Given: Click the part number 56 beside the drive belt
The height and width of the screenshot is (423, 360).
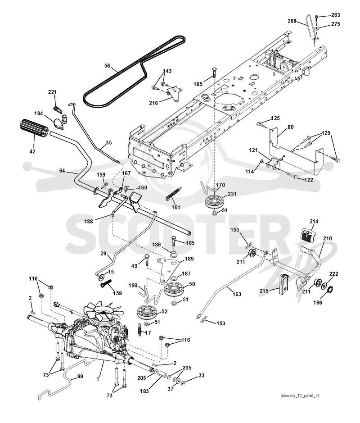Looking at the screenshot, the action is tap(107, 66).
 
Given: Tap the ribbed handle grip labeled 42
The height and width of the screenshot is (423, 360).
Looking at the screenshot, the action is tap(33, 130).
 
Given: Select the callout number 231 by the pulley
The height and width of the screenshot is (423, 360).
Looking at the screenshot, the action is tap(232, 194).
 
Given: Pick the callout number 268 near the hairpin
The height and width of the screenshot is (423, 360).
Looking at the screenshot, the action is tap(292, 21).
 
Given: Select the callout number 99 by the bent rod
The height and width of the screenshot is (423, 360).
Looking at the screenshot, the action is tap(80, 377).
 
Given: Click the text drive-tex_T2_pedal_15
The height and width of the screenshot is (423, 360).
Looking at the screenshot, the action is tap(300, 396).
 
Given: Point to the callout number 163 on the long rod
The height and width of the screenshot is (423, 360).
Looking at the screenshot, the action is tap(237, 294).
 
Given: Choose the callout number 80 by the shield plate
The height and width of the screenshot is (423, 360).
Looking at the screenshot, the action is tap(291, 127).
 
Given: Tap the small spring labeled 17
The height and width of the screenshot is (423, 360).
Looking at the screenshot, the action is tap(140, 329).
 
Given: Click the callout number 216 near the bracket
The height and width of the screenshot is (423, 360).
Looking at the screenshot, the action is tap(153, 103).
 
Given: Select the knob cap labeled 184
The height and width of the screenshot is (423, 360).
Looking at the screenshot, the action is tap(60, 121).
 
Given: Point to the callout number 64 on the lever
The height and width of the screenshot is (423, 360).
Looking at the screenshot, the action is tap(62, 170).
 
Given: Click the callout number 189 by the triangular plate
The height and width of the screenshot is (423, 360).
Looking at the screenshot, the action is tap(189, 259).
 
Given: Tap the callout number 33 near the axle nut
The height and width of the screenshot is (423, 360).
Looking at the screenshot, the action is tap(201, 375).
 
